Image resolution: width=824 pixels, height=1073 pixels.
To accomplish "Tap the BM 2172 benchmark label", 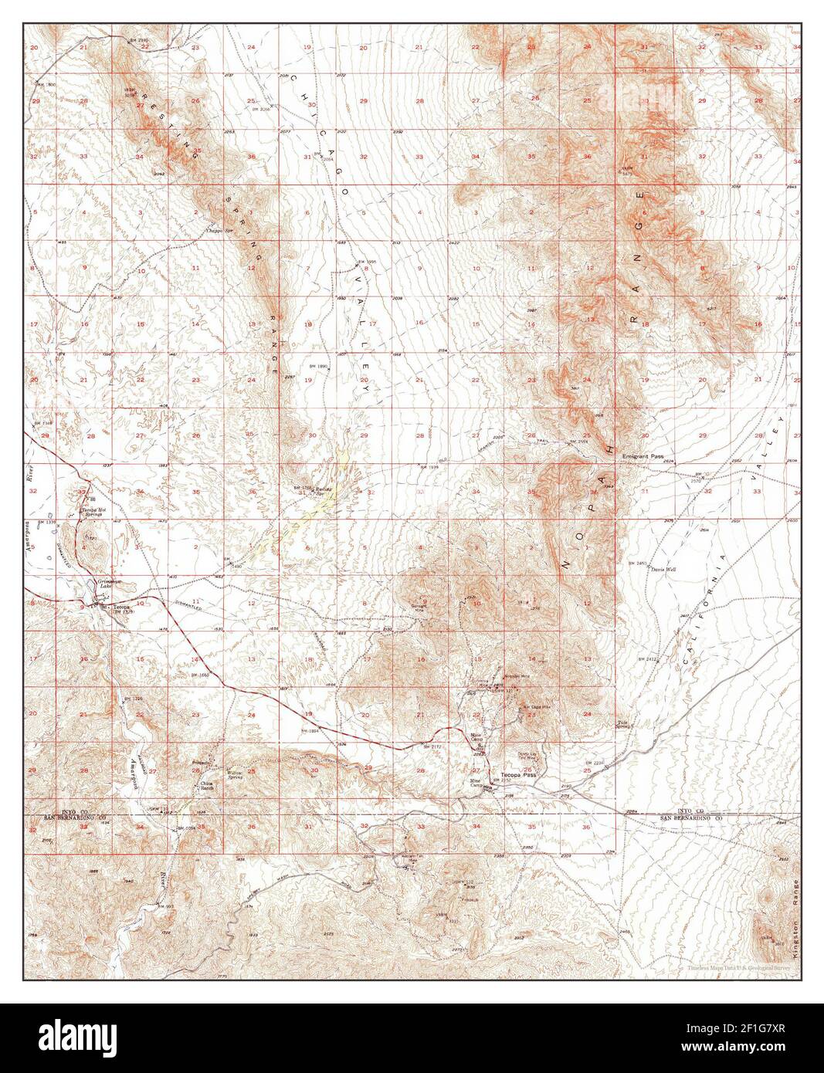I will coord(431,747).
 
